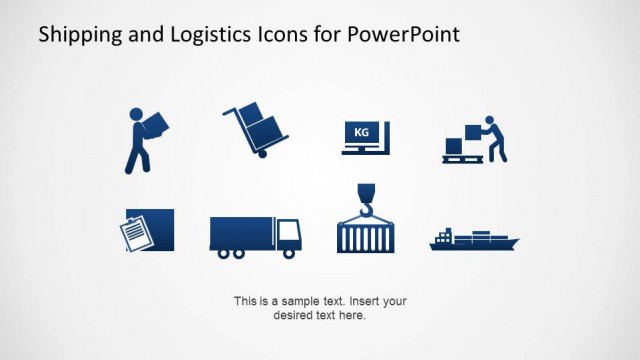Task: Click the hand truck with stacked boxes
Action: tap(256, 130)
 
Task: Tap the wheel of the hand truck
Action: tap(263, 153)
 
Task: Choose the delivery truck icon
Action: tap(255, 236)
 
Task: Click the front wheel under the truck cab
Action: tap(289, 253)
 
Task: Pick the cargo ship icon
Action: tap(474, 240)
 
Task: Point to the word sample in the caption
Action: tap(303, 301)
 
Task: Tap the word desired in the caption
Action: tap(291, 315)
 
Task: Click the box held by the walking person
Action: tap(155, 124)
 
